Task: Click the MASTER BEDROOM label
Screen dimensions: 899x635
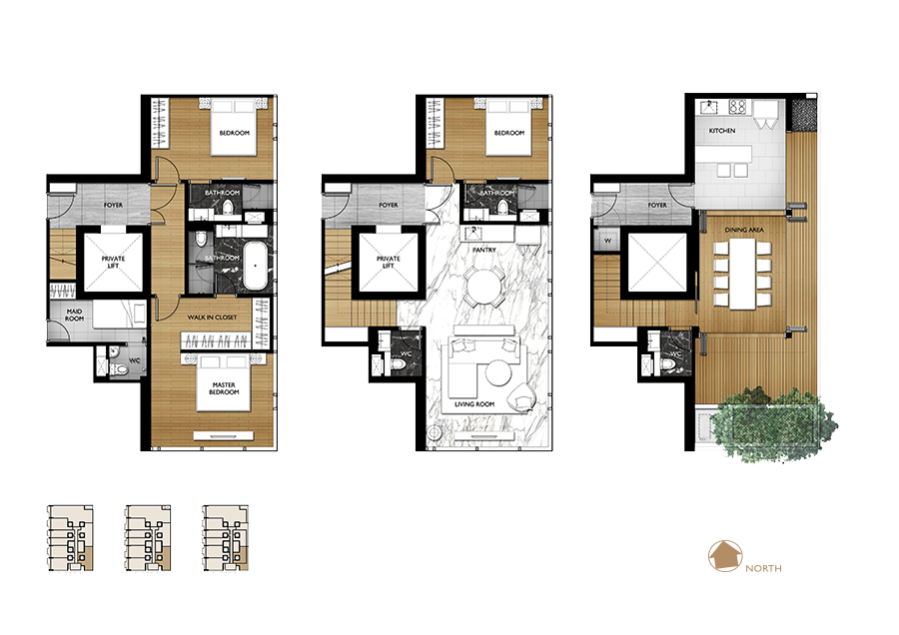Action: click(x=224, y=388)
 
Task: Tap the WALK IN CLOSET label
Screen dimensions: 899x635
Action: click(x=212, y=317)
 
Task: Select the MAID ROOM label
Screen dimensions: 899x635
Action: click(x=75, y=315)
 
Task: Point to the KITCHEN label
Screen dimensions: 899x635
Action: click(x=722, y=131)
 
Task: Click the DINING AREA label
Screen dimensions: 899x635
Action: click(x=744, y=230)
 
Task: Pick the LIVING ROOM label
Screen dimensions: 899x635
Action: click(x=474, y=404)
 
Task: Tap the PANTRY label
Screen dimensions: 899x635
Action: click(x=483, y=250)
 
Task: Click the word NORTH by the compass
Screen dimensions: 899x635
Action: click(x=763, y=568)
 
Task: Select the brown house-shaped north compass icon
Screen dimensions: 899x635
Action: click(x=725, y=556)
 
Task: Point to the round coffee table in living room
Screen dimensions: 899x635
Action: click(x=498, y=373)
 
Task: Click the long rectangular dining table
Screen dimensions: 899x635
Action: click(x=743, y=274)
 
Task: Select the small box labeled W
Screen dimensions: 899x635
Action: click(x=607, y=241)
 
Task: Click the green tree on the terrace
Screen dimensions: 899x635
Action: click(x=774, y=423)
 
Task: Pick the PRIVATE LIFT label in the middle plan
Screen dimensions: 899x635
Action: click(x=389, y=262)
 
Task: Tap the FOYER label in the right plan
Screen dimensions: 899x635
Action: click(x=657, y=205)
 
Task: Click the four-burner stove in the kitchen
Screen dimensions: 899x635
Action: click(x=737, y=106)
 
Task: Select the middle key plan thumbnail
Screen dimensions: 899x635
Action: click(x=148, y=538)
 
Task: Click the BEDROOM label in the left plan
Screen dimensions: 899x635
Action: click(x=235, y=133)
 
